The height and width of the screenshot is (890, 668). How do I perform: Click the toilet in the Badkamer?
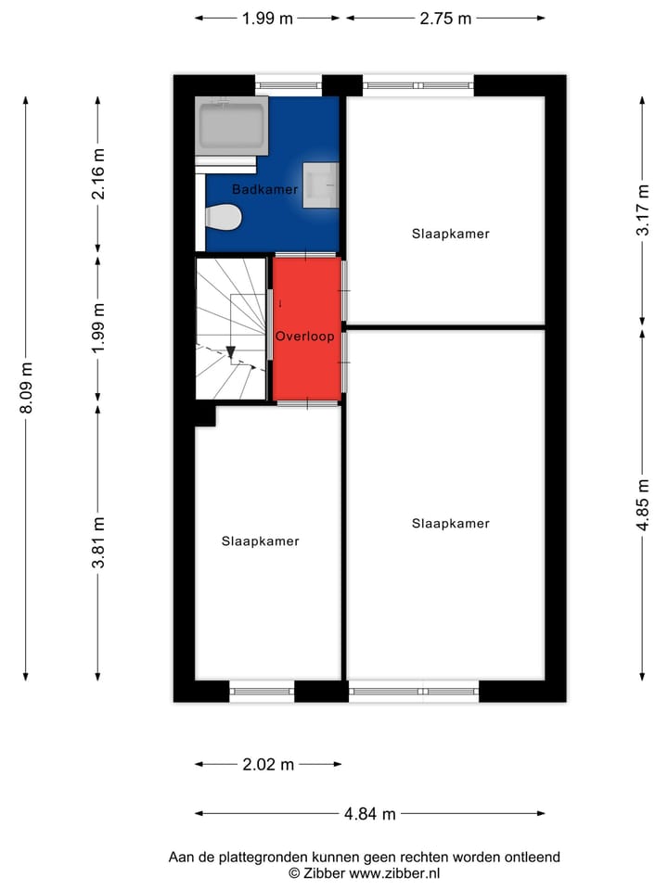coord(224,218)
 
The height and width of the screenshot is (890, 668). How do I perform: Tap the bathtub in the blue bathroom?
coord(232,126)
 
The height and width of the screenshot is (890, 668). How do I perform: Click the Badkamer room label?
coord(264,189)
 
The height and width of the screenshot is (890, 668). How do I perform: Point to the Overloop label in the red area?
coord(304,337)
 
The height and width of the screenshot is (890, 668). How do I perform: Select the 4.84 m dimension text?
coord(369,814)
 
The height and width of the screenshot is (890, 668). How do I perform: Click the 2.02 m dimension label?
coord(268,765)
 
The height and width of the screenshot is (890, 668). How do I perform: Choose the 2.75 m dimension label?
coord(444,18)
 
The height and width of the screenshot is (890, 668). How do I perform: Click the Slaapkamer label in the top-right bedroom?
coord(450,234)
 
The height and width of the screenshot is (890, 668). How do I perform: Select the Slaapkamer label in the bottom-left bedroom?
coord(260,541)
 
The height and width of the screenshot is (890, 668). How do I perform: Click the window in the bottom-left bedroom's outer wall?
coord(262,691)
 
